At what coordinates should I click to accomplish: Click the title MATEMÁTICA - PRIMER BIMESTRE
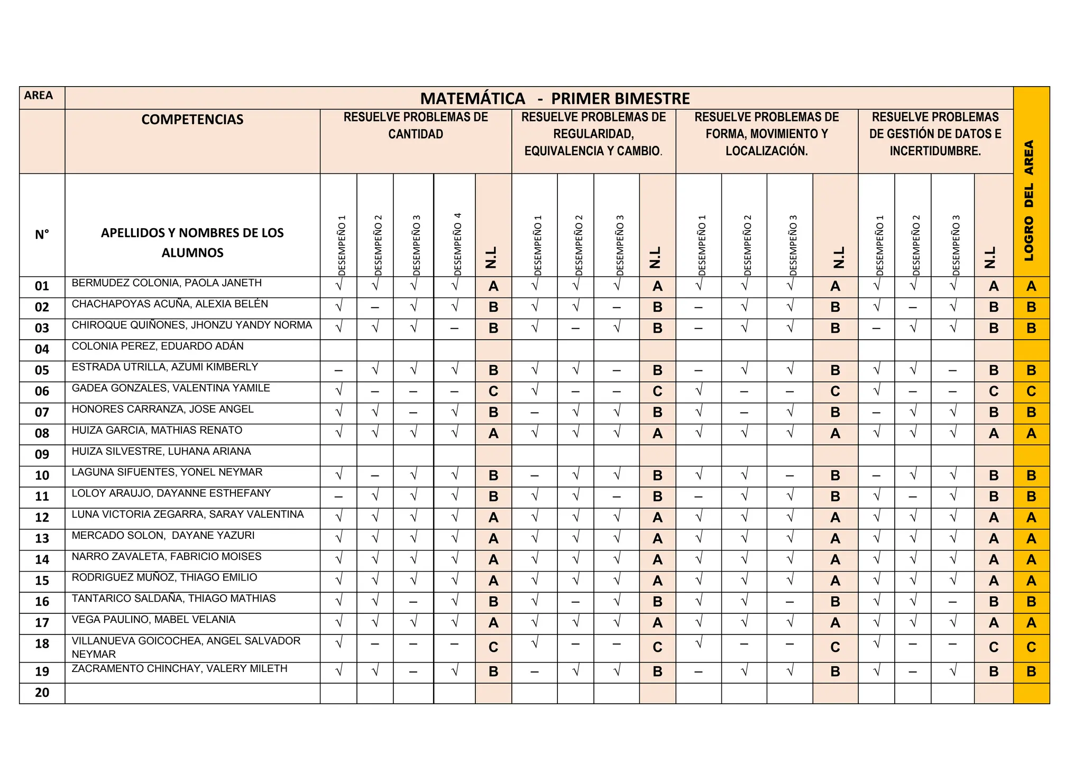pyautogui.click(x=555, y=99)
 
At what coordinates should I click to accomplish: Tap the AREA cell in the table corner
pyautogui.click(x=39, y=96)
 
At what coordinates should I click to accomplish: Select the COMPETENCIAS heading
pyautogui.click(x=192, y=120)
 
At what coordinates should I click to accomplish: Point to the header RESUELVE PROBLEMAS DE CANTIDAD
pyautogui.click(x=416, y=126)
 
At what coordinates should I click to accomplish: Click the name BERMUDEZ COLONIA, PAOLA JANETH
pyautogui.click(x=167, y=283)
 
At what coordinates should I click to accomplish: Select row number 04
pyautogui.click(x=42, y=350)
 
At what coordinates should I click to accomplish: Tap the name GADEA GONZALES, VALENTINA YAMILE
pyautogui.click(x=171, y=388)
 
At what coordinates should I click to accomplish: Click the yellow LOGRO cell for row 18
pyautogui.click(x=1031, y=648)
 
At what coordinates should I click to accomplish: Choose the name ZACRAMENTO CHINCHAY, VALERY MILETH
pyautogui.click(x=179, y=669)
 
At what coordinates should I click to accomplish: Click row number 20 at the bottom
pyautogui.click(x=42, y=693)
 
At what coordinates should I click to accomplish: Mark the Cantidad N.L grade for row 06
pyautogui.click(x=493, y=392)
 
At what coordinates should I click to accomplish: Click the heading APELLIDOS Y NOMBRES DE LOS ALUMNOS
pyautogui.click(x=192, y=243)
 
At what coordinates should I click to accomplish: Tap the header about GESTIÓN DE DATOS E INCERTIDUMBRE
pyautogui.click(x=935, y=134)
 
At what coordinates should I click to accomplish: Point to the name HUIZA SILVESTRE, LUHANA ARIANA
pyautogui.click(x=161, y=452)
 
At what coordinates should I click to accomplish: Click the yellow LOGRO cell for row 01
pyautogui.click(x=1031, y=287)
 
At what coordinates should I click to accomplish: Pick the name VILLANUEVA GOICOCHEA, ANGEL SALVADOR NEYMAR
pyautogui.click(x=186, y=647)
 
